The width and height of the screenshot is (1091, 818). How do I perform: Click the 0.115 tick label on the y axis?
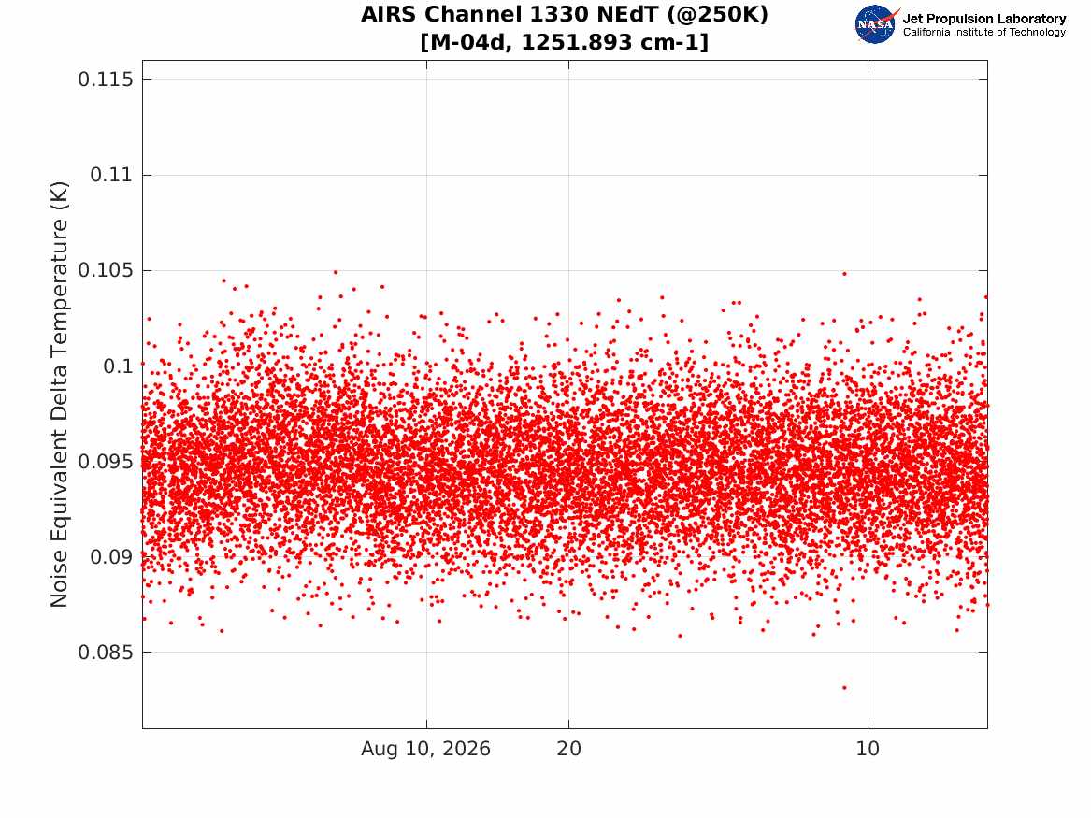[x=105, y=79]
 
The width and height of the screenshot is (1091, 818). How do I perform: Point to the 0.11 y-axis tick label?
[x=111, y=175]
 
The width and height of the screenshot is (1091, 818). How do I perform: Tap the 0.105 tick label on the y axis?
[x=105, y=270]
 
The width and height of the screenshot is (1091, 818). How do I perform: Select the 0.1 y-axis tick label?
[x=118, y=366]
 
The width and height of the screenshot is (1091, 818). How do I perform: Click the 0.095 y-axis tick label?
[x=105, y=461]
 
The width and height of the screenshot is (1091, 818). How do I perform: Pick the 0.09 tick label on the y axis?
[x=111, y=556]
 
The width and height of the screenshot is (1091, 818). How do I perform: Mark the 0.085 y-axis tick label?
[x=105, y=653]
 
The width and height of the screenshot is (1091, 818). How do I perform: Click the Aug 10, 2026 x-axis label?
[x=425, y=749]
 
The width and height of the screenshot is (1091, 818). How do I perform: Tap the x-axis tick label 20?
[x=569, y=749]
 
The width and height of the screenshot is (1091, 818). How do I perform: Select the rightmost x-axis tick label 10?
[x=868, y=749]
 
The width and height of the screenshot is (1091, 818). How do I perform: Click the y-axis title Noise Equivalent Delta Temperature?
[x=59, y=395]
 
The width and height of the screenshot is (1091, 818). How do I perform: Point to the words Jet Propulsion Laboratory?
[x=984, y=19]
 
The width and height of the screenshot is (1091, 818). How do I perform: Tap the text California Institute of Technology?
[x=984, y=32]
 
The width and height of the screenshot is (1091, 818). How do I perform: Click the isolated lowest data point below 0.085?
[x=845, y=687]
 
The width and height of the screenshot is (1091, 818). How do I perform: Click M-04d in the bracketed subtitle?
[x=470, y=42]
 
